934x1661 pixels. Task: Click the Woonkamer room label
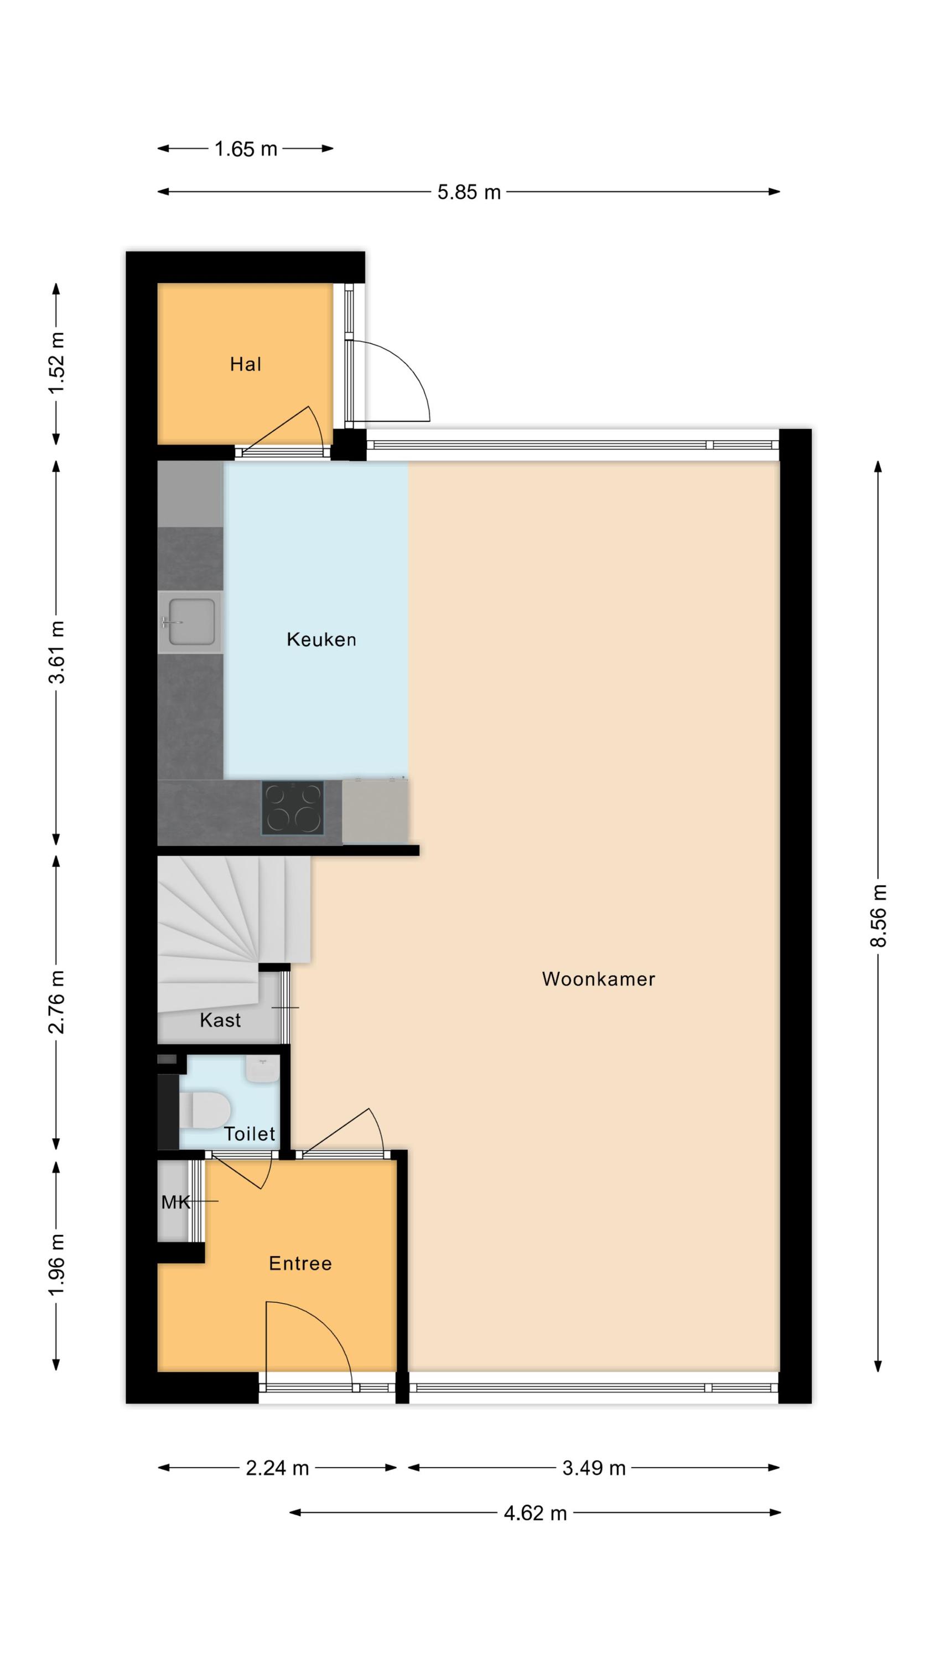tap(598, 979)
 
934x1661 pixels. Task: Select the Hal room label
tap(246, 364)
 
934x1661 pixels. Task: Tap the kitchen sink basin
tap(191, 622)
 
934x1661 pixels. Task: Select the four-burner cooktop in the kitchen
tap(293, 807)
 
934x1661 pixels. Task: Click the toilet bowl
tap(205, 1110)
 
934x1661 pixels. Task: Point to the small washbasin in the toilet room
tap(262, 1069)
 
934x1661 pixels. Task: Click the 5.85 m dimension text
tap(469, 192)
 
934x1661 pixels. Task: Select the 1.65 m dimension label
tap(246, 149)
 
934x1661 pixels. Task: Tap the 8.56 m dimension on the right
tap(879, 916)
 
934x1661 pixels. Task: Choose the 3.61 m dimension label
tap(57, 652)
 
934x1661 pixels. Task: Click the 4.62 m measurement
tap(535, 1513)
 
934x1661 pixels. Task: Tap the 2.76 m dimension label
tap(57, 1002)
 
